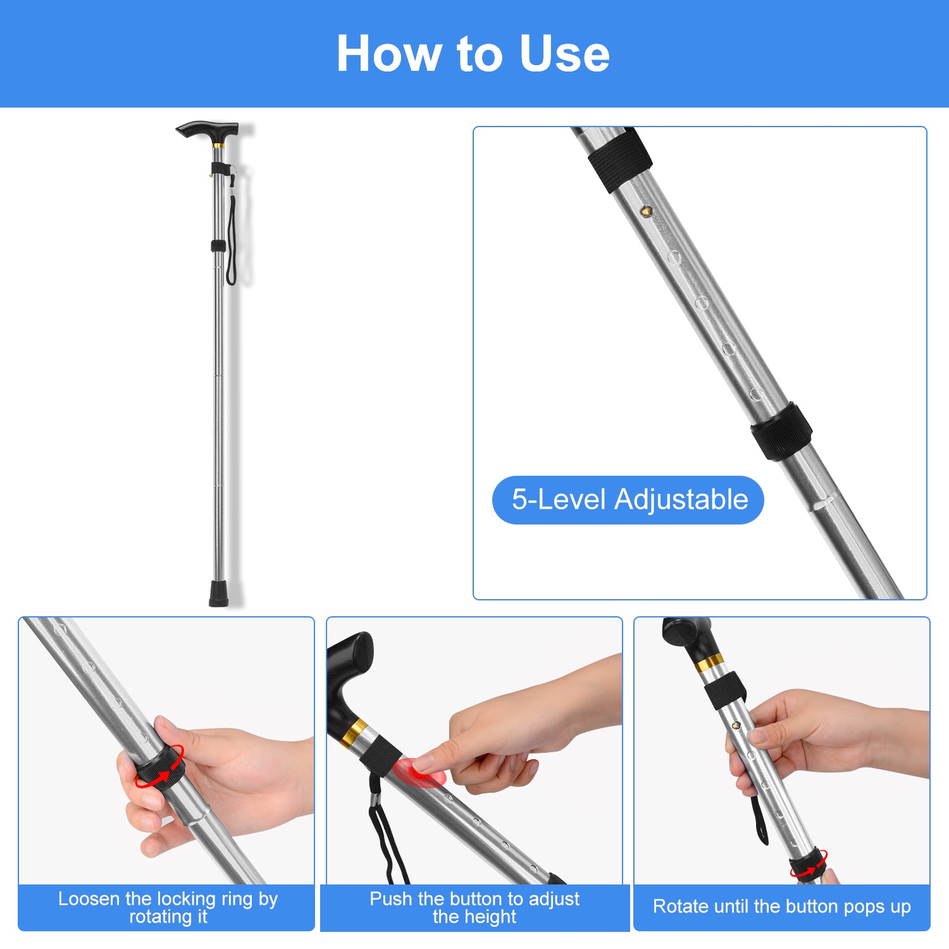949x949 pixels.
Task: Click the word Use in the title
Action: [x=564, y=54]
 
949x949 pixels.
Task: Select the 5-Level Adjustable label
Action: [x=628, y=500]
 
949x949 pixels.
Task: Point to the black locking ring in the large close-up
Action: [x=782, y=431]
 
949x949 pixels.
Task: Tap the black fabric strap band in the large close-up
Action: [x=620, y=160]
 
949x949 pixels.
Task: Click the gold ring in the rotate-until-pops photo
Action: [x=709, y=664]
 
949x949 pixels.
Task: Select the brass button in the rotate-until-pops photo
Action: [x=736, y=725]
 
